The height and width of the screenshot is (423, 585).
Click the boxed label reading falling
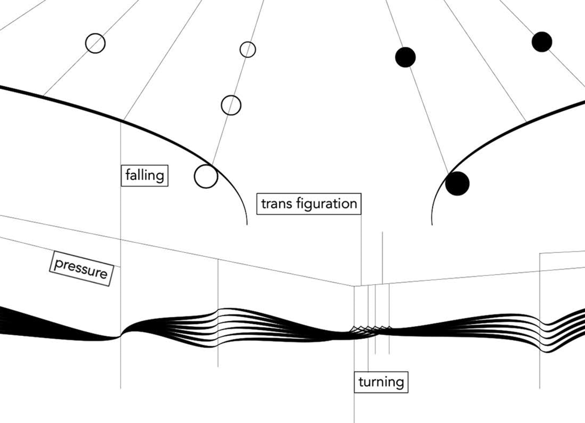tap(144, 175)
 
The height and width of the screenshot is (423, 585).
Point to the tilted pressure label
tap(81, 269)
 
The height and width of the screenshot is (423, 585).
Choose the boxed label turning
tap(381, 382)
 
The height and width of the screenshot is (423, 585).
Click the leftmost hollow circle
tap(95, 43)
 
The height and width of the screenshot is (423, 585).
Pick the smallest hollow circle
tap(248, 50)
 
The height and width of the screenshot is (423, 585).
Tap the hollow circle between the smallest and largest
tap(231, 105)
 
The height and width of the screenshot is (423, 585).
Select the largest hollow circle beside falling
tap(206, 176)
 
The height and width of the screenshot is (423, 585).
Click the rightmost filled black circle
tap(542, 42)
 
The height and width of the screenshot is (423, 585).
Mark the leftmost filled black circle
tap(405, 57)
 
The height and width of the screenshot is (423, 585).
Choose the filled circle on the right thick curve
tap(457, 184)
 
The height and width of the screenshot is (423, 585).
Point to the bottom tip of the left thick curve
tap(247, 224)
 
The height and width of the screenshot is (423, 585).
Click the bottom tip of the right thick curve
tap(432, 224)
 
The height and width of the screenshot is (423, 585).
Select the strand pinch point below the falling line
tap(120, 336)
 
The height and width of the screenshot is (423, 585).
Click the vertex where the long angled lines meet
tap(354, 286)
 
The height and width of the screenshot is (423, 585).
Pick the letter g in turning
tap(400, 383)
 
